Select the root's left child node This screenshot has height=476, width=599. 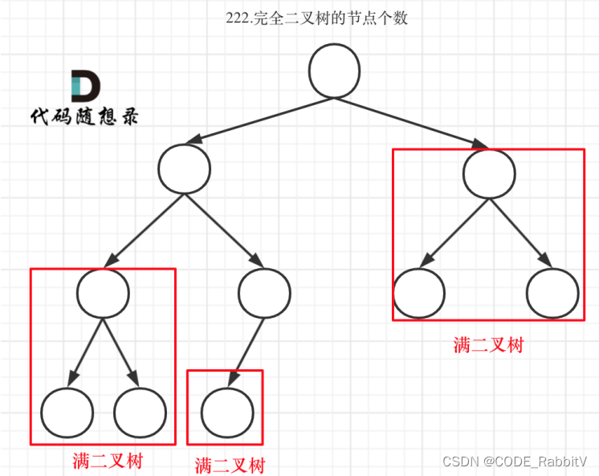(x=184, y=169)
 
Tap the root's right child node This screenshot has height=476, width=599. (x=488, y=173)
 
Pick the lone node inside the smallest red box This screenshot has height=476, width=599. (x=226, y=410)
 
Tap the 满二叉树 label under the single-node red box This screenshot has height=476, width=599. (x=229, y=465)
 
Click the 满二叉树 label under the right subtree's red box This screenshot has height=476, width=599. (x=488, y=345)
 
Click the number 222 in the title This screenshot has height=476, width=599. (x=238, y=18)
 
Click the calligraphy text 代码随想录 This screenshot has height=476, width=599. (x=84, y=116)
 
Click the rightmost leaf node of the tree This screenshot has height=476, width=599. (x=552, y=292)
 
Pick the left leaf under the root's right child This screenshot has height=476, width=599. (x=419, y=292)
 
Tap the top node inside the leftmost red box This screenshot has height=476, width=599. (x=103, y=292)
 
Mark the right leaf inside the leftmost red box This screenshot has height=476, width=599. (x=141, y=411)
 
